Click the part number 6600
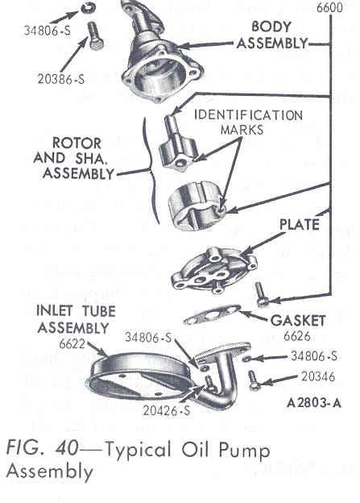(x=329, y=7)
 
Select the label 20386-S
(x=61, y=79)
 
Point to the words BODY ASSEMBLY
(x=272, y=35)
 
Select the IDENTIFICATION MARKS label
(x=248, y=123)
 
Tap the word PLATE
(x=300, y=225)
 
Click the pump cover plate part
(x=214, y=270)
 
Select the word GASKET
(x=298, y=321)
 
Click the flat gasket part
(x=212, y=314)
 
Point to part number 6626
(x=297, y=336)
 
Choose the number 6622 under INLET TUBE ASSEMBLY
(x=72, y=344)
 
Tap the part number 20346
(x=318, y=376)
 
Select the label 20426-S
(x=167, y=410)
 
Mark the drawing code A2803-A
(x=314, y=402)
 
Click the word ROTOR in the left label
(x=77, y=143)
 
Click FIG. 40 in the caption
(x=42, y=447)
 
